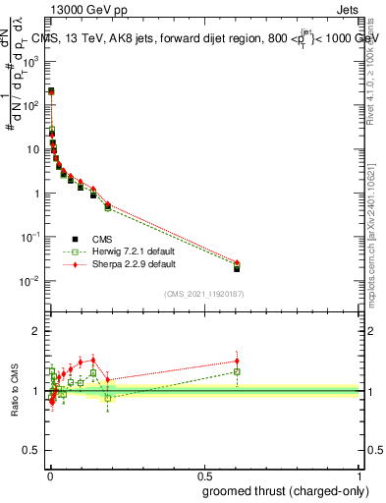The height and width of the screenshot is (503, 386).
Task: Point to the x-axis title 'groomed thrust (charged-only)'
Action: point(285,490)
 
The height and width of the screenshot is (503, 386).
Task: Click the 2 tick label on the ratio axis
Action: point(38,331)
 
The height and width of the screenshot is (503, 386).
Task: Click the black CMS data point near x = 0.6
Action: point(237,268)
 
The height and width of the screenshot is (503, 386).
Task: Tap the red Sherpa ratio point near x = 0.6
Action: point(237,361)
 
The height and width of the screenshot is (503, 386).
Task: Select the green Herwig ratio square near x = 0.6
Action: point(237,371)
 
